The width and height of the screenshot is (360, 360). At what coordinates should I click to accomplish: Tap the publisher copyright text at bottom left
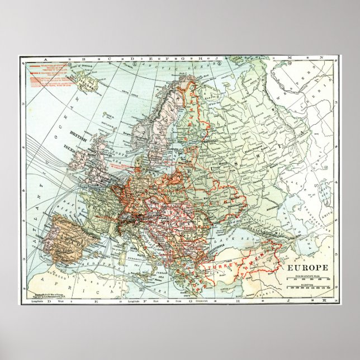(45, 295)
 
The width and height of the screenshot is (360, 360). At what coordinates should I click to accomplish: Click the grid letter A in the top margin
(35, 58)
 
